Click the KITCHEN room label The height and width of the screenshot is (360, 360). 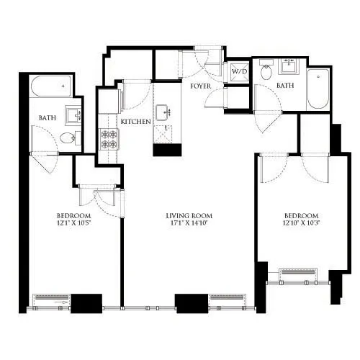(x=136, y=122)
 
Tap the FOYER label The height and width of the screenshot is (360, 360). (x=200, y=86)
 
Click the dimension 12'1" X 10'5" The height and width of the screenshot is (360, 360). (x=73, y=225)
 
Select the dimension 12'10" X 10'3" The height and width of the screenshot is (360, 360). (x=301, y=225)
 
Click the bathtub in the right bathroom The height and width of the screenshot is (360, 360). (x=317, y=89)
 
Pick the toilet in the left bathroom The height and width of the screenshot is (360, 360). (x=67, y=138)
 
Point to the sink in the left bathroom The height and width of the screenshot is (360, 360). (x=73, y=114)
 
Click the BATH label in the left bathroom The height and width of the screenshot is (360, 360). (x=47, y=118)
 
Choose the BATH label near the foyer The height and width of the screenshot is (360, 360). (x=286, y=86)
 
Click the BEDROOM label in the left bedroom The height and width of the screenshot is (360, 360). (x=73, y=216)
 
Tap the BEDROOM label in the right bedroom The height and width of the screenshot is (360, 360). (x=301, y=216)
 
